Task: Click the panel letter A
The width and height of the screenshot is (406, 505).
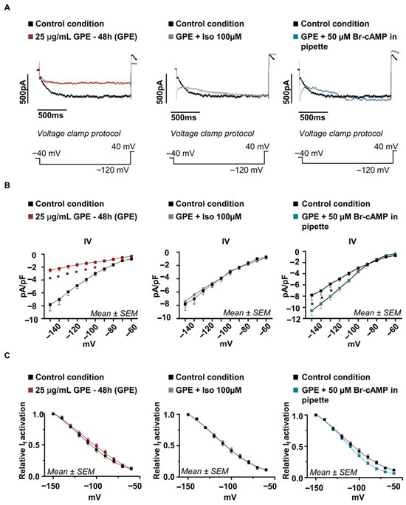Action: coord(7,7)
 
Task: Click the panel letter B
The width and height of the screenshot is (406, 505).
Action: coord(7,185)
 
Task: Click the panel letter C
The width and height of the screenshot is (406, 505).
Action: coord(7,355)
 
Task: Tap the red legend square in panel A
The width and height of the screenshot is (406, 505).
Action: coord(30,37)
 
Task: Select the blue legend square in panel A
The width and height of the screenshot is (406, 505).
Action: coord(296,37)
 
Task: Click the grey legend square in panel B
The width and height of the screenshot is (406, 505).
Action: coord(171,217)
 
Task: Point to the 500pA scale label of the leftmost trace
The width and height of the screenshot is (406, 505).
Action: coord(23,91)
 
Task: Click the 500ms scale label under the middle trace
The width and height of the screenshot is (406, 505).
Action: coord(184,117)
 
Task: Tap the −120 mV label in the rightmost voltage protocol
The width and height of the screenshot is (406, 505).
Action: coord(373,169)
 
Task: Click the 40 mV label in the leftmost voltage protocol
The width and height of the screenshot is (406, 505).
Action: coord(123,146)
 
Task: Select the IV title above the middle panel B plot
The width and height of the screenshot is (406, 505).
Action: coord(226,241)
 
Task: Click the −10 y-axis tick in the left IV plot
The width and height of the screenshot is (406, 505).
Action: coord(34,319)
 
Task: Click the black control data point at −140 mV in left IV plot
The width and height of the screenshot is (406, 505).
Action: coord(50,304)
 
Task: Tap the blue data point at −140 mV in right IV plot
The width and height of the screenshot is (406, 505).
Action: coord(312,311)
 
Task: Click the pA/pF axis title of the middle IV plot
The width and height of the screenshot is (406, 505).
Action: coord(156,285)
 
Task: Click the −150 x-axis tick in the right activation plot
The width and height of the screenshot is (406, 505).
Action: coord(314,487)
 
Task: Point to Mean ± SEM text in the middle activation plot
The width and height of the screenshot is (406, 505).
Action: coord(204,472)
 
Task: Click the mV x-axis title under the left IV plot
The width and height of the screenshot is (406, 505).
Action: coord(89,344)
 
